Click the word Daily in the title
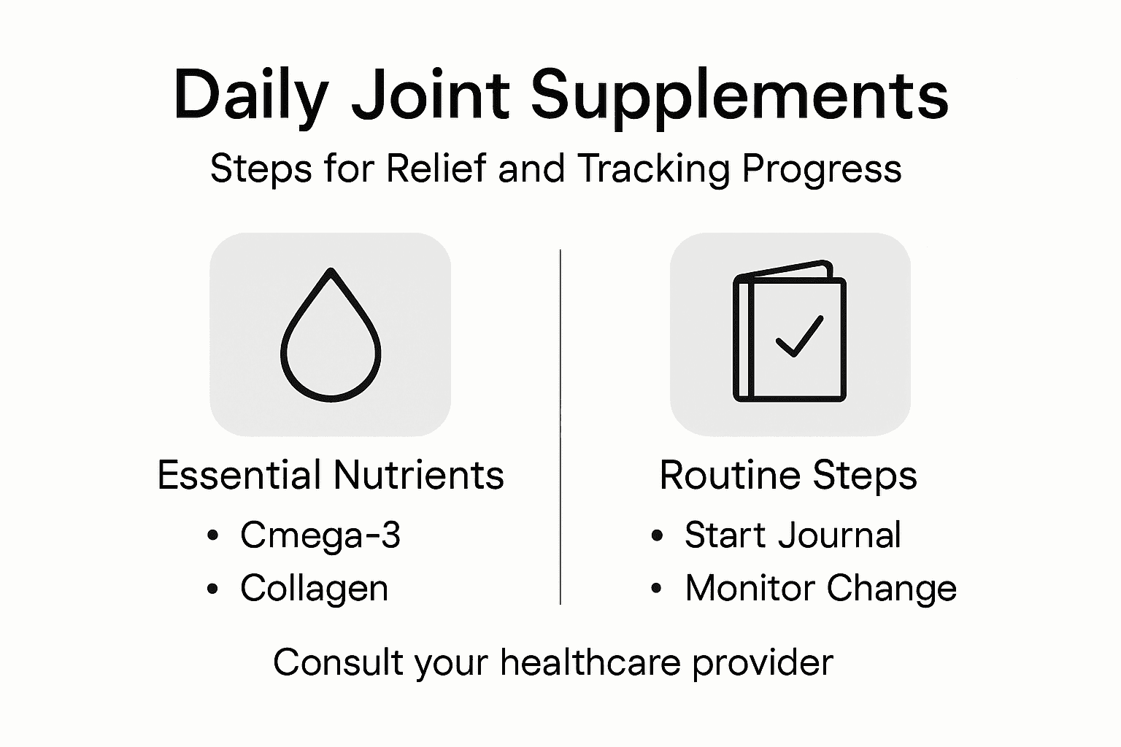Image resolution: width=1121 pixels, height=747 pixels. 250,96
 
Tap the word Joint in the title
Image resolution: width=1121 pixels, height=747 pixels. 431,96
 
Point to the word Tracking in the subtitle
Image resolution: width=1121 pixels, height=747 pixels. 653,169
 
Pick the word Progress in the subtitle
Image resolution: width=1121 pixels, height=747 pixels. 822,170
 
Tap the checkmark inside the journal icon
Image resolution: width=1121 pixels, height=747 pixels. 799,336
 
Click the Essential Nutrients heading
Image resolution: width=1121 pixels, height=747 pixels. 331,475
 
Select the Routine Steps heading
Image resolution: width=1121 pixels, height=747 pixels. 788,476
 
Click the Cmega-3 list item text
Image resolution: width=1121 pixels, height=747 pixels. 320,535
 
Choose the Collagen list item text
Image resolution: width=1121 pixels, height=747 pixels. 314,588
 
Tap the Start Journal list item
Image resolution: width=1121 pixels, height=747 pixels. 793,535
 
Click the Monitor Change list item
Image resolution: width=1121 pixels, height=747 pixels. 820,588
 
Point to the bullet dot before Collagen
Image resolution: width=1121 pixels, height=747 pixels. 212,588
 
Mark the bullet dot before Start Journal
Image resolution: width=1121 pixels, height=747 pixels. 657,535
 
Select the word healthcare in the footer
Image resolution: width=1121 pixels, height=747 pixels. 590,662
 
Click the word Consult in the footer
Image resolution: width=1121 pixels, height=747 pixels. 338,662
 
